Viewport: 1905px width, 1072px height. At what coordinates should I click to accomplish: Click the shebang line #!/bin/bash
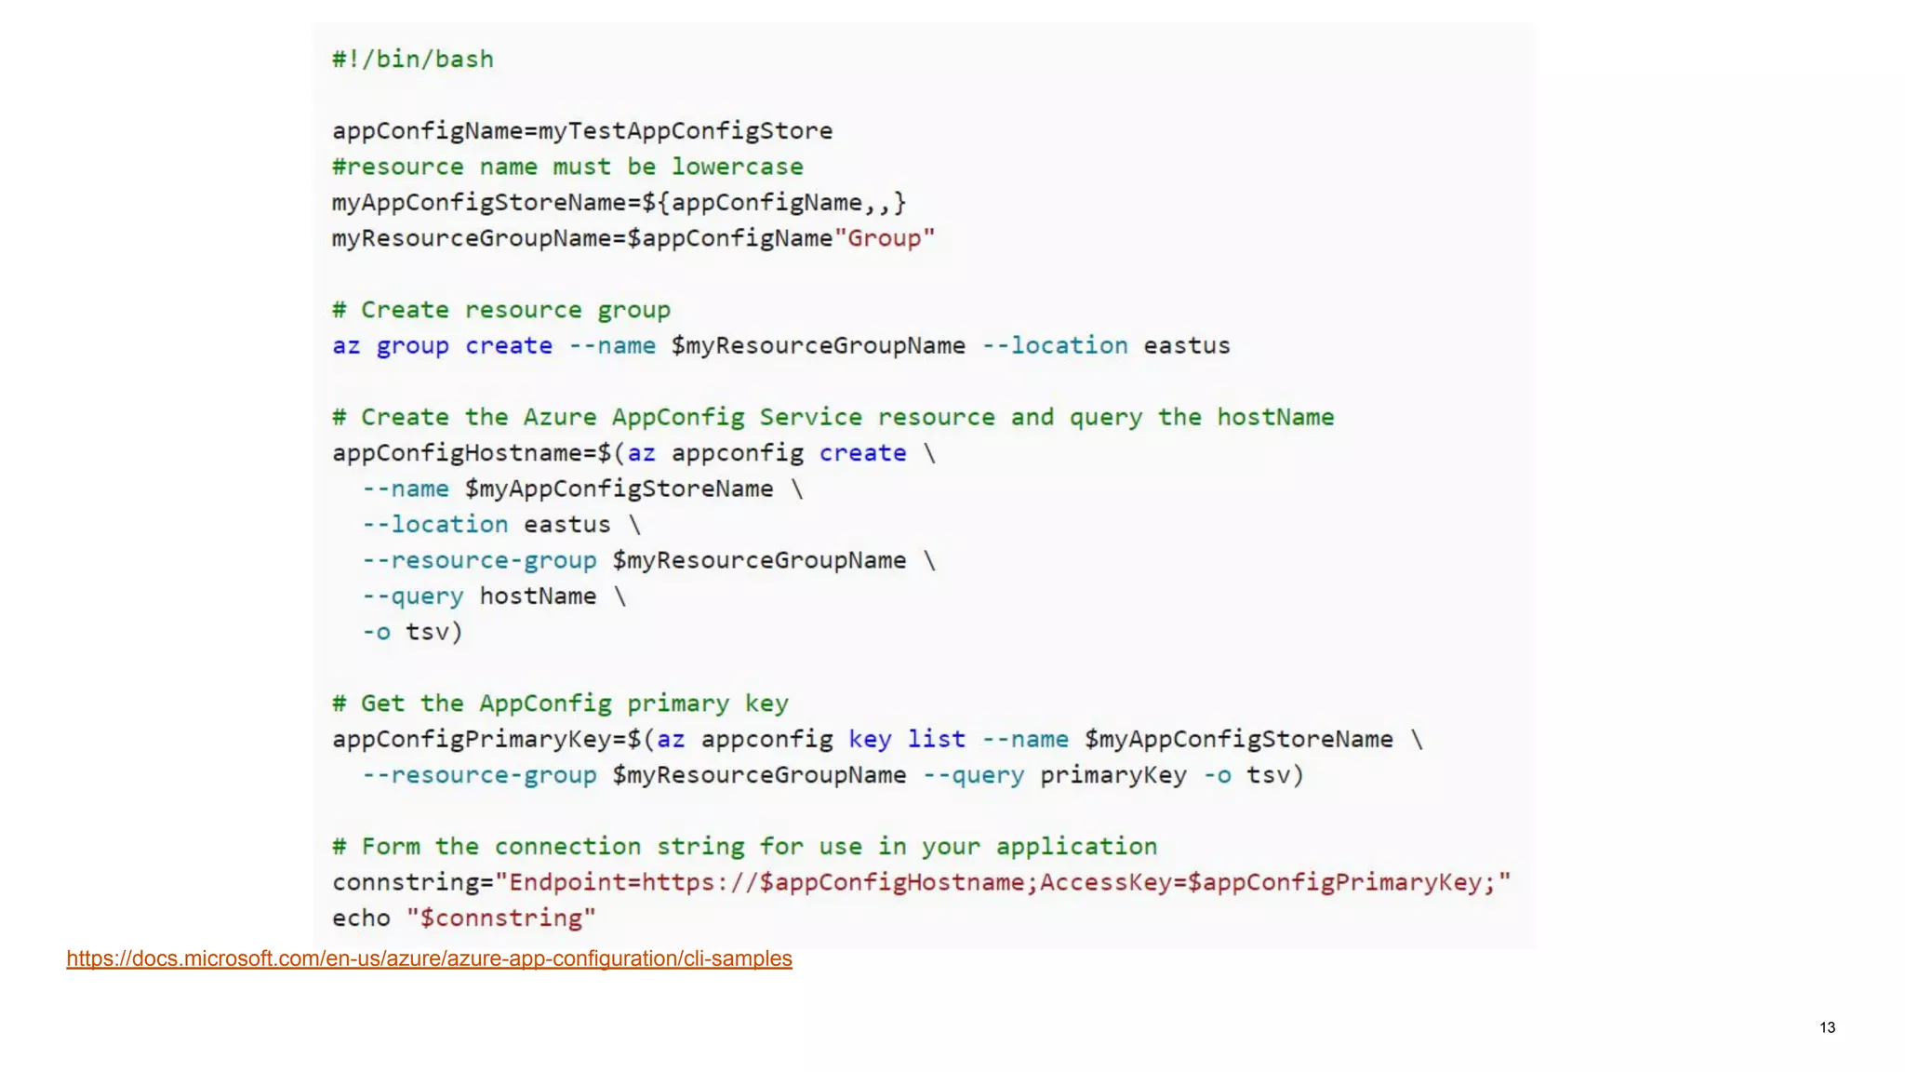pyautogui.click(x=413, y=60)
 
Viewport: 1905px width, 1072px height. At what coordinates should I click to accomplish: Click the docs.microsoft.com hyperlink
pyautogui.click(x=429, y=958)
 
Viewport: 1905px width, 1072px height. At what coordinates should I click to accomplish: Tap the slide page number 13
pyautogui.click(x=1827, y=1027)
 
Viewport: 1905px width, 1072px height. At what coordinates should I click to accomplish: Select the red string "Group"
pyautogui.click(x=885, y=238)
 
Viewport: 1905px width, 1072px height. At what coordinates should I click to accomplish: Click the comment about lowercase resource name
pyautogui.click(x=567, y=167)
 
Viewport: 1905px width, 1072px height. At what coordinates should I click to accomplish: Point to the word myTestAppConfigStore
pyautogui.click(x=686, y=131)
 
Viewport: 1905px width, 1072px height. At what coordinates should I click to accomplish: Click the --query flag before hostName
pyautogui.click(x=412, y=596)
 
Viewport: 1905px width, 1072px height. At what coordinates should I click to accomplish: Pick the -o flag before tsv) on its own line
pyautogui.click(x=376, y=633)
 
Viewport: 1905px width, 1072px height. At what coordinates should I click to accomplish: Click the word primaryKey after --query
pyautogui.click(x=1112, y=775)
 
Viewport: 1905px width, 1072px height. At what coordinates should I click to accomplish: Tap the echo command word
pyautogui.click(x=361, y=918)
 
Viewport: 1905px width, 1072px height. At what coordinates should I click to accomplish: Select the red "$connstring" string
pyautogui.click(x=500, y=918)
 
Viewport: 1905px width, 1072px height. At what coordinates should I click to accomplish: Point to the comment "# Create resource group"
pyautogui.click(x=500, y=310)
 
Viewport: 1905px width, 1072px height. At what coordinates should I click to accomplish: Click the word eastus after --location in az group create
pyautogui.click(x=1186, y=346)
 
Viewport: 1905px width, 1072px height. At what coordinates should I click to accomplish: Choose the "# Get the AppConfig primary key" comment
pyautogui.click(x=560, y=703)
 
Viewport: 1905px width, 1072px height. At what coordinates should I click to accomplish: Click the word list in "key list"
pyautogui.click(x=936, y=740)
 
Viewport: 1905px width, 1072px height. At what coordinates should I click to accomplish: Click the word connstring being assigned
pyautogui.click(x=405, y=882)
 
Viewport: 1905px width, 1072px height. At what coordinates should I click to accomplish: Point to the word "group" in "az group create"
pyautogui.click(x=412, y=346)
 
